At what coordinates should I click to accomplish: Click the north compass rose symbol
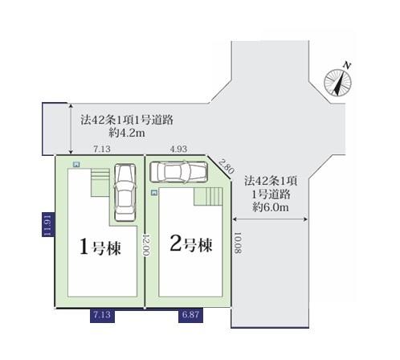point(337,83)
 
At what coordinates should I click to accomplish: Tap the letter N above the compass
point(347,65)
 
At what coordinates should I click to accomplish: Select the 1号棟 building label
point(100,247)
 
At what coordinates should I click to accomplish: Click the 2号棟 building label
point(191,244)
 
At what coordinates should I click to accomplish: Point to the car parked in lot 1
point(124,192)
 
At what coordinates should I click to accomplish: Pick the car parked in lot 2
point(178,172)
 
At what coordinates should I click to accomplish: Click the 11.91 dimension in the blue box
point(47,225)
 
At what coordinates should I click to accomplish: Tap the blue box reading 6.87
point(190,315)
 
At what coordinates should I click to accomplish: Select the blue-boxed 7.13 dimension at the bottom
point(102,315)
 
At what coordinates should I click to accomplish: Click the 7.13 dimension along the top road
point(102,149)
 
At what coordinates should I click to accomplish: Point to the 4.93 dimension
point(178,149)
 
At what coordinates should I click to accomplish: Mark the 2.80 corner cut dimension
point(227,166)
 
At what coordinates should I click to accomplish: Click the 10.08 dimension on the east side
point(238,243)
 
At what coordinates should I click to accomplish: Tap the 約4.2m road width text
point(127,133)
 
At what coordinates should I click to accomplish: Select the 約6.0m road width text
point(271,207)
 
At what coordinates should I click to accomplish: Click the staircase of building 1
point(100,182)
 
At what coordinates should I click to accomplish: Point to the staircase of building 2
point(208,196)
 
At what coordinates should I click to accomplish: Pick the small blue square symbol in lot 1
point(76,165)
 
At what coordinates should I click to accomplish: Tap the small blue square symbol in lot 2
point(154,193)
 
